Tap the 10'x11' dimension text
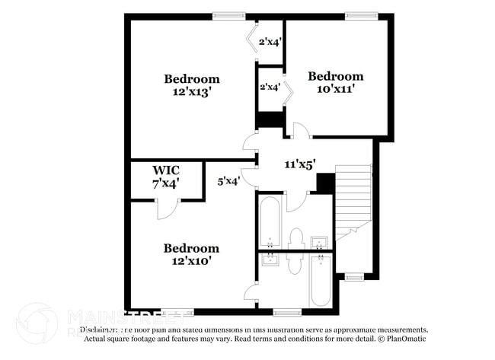pos(335,88)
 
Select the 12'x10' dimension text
pos(192,260)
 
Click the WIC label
pos(165,170)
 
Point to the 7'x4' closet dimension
pos(165,183)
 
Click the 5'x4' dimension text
pos(229,181)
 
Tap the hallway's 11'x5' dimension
pos(299,164)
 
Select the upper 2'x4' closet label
pos(270,42)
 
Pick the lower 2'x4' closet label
pos(270,87)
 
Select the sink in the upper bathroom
pos(321,243)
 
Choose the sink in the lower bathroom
pos(270,260)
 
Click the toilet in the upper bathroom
pos(297,237)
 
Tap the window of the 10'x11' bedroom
pos(356,15)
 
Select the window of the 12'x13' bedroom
pos(228,15)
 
